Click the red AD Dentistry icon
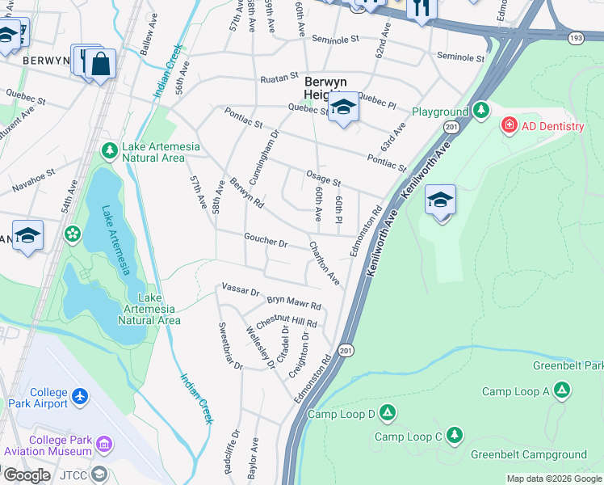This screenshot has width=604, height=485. pyautogui.click(x=510, y=126)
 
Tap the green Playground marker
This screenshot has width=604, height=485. pyautogui.click(x=481, y=109)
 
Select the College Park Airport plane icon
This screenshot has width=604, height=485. pyautogui.click(x=80, y=396)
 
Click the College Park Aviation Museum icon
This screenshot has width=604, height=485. pyautogui.click(x=104, y=443)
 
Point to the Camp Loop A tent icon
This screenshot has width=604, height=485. pyautogui.click(x=561, y=391)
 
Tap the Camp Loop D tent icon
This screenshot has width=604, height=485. pyautogui.click(x=388, y=413)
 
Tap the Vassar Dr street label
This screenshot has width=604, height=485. pyautogui.click(x=239, y=289)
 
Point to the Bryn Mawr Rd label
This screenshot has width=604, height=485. pyautogui.click(x=294, y=304)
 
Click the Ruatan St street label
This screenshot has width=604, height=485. pyautogui.click(x=279, y=79)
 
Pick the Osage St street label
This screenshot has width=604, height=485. pyautogui.click(x=323, y=178)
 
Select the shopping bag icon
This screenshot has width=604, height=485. pyautogui.click(x=101, y=64)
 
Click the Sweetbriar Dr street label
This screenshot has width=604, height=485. pyautogui.click(x=230, y=346)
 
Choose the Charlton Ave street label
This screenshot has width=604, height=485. pyautogui.click(x=325, y=265)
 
